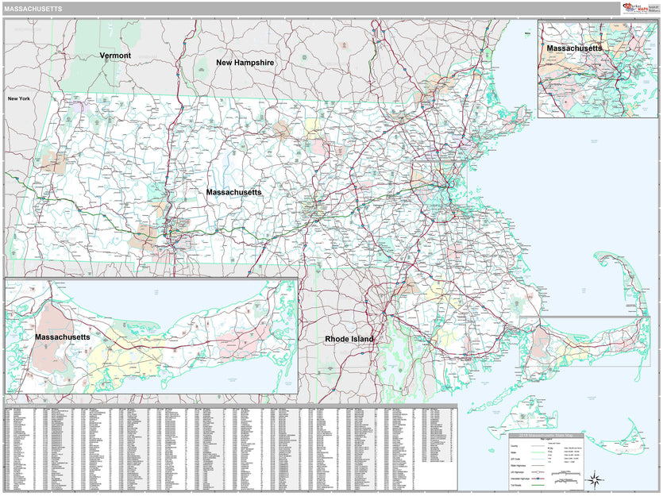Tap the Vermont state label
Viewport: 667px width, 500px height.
tap(115, 56)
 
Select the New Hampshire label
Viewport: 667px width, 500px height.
tap(245, 62)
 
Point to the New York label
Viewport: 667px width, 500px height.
tap(19, 98)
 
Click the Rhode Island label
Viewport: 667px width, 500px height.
tap(349, 339)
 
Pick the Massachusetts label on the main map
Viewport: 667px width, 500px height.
tap(233, 193)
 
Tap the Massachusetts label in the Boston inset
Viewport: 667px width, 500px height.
tap(574, 48)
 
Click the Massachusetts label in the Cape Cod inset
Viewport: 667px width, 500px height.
tap(62, 337)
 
